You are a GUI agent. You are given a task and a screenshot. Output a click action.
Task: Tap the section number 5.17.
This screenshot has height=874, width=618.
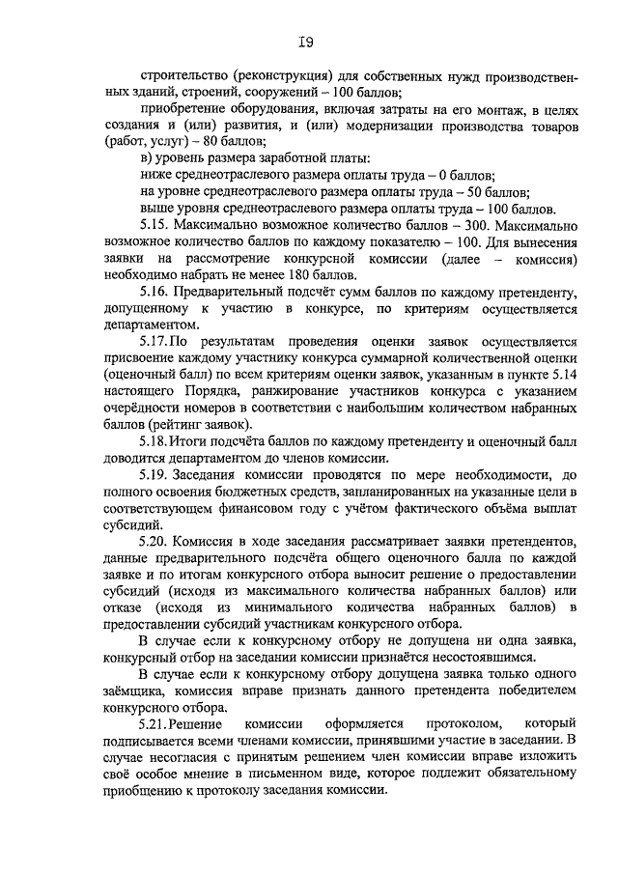154,341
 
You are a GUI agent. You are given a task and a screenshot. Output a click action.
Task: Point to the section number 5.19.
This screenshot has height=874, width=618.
154,475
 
